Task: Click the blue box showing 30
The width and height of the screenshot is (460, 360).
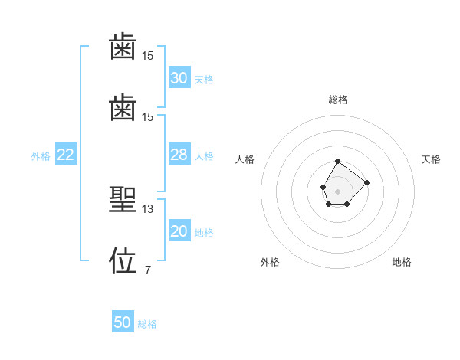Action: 179,77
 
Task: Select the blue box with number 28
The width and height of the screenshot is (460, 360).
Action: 179,154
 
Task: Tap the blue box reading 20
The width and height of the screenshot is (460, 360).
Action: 179,230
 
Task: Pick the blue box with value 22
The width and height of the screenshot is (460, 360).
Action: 66,154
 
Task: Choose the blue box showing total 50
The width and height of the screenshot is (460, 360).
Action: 123,321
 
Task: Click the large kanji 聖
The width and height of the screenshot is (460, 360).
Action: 123,199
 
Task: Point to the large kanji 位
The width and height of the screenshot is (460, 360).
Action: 123,260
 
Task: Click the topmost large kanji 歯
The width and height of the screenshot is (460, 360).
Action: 123,46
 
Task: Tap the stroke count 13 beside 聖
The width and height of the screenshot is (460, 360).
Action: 147,209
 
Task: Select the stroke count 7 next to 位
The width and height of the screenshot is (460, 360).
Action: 148,270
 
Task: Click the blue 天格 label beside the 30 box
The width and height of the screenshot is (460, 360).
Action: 204,80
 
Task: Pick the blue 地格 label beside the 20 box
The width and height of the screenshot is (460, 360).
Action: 204,233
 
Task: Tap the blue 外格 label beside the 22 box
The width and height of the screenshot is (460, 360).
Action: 41,156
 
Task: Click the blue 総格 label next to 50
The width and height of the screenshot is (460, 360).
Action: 147,324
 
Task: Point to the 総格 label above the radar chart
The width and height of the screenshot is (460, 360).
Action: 338,100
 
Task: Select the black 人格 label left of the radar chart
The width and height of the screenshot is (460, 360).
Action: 245,159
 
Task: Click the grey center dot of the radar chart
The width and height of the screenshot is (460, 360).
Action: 337,191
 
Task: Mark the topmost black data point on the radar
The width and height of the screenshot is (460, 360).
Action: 337,162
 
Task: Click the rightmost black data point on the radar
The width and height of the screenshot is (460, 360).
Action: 366,182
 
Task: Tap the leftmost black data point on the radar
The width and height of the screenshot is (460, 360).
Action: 324,187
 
